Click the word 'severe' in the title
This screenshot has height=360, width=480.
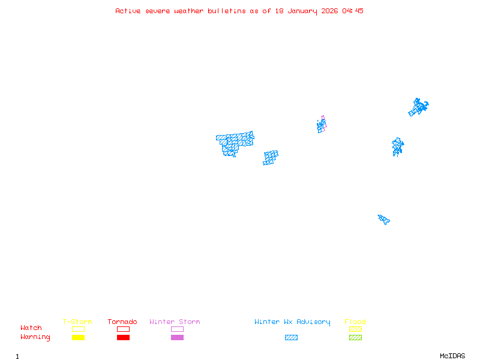(158, 11)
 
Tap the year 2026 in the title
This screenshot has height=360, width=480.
(329, 11)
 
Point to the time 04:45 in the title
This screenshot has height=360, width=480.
(353, 11)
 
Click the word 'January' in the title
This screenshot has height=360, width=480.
(302, 11)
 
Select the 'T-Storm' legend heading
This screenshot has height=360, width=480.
(77, 322)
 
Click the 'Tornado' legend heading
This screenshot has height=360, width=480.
(122, 322)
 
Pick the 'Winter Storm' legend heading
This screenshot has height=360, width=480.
(175, 322)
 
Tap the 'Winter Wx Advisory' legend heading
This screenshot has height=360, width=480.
(292, 322)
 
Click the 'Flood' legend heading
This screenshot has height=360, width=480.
(355, 322)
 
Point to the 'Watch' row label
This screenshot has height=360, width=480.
(31, 328)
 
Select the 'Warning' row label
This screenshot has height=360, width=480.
(35, 337)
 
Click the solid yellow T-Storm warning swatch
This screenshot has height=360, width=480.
(79, 337)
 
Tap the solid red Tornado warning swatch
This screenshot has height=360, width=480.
(124, 337)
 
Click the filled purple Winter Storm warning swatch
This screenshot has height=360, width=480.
(177, 337)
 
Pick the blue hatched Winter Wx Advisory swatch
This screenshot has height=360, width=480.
(291, 337)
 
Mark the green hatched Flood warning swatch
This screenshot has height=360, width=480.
(355, 337)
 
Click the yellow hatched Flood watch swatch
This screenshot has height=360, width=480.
(355, 329)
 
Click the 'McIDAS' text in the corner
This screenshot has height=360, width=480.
(452, 356)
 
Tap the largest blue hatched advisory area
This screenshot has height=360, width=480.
(234, 143)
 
